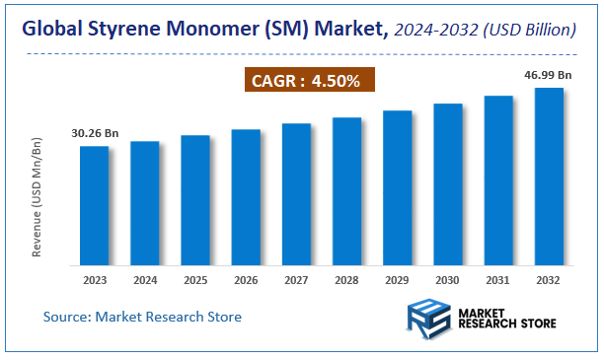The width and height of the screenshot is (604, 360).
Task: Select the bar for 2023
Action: tap(95, 205)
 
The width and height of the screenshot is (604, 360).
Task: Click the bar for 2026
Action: tap(246, 197)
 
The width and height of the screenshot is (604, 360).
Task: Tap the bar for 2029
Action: tap(397, 187)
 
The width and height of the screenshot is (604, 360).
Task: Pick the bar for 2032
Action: tap(549, 177)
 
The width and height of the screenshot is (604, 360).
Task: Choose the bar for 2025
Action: tap(195, 200)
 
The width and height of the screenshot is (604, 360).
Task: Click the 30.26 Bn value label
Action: tap(95, 133)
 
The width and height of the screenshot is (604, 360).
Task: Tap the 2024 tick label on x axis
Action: tap(145, 281)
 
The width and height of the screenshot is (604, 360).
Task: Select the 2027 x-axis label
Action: tap(296, 281)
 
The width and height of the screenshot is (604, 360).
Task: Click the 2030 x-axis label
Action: tap(448, 281)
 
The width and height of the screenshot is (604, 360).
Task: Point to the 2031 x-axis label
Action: tap(498, 281)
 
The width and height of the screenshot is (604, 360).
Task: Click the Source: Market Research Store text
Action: tap(142, 317)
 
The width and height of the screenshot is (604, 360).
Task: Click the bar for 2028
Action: tap(346, 191)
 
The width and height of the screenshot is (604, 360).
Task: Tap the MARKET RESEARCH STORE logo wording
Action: tap(505, 318)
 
